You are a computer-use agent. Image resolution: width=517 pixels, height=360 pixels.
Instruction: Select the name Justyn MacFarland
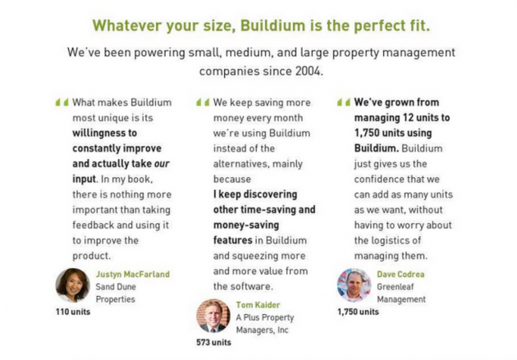click(133, 274)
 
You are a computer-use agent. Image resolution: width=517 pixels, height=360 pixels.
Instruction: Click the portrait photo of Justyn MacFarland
click(72, 285)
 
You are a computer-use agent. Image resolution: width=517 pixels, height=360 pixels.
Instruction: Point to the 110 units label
click(73, 312)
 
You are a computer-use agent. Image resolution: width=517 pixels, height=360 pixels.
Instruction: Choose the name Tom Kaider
click(258, 305)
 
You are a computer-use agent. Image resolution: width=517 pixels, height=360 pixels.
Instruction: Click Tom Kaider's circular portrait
click(213, 316)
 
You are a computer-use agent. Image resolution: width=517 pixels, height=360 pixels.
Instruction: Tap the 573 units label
click(213, 343)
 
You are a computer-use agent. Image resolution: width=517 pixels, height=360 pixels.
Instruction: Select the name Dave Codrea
click(400, 274)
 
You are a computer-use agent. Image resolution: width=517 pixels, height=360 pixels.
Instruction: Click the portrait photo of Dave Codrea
click(355, 285)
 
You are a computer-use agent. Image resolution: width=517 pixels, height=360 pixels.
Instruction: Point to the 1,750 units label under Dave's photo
click(358, 312)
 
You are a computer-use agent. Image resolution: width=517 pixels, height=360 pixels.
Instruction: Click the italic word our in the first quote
click(162, 164)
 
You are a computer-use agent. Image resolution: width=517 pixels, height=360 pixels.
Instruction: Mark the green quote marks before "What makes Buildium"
click(62, 103)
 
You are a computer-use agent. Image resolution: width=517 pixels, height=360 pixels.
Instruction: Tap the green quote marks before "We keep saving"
click(203, 103)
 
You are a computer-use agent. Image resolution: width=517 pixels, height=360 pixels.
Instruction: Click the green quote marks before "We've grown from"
click(344, 103)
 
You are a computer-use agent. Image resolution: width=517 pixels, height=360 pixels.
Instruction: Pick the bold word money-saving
click(246, 226)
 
